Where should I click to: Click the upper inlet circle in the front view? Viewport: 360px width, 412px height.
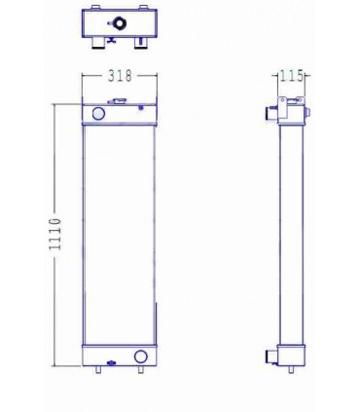pos(97,115)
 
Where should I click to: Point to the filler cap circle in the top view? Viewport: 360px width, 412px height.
pos(118,23)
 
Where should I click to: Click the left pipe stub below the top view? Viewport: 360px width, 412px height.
pos(99,44)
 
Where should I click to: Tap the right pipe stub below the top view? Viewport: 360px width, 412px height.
pos(139,43)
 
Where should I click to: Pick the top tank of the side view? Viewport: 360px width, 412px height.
pos(292,115)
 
